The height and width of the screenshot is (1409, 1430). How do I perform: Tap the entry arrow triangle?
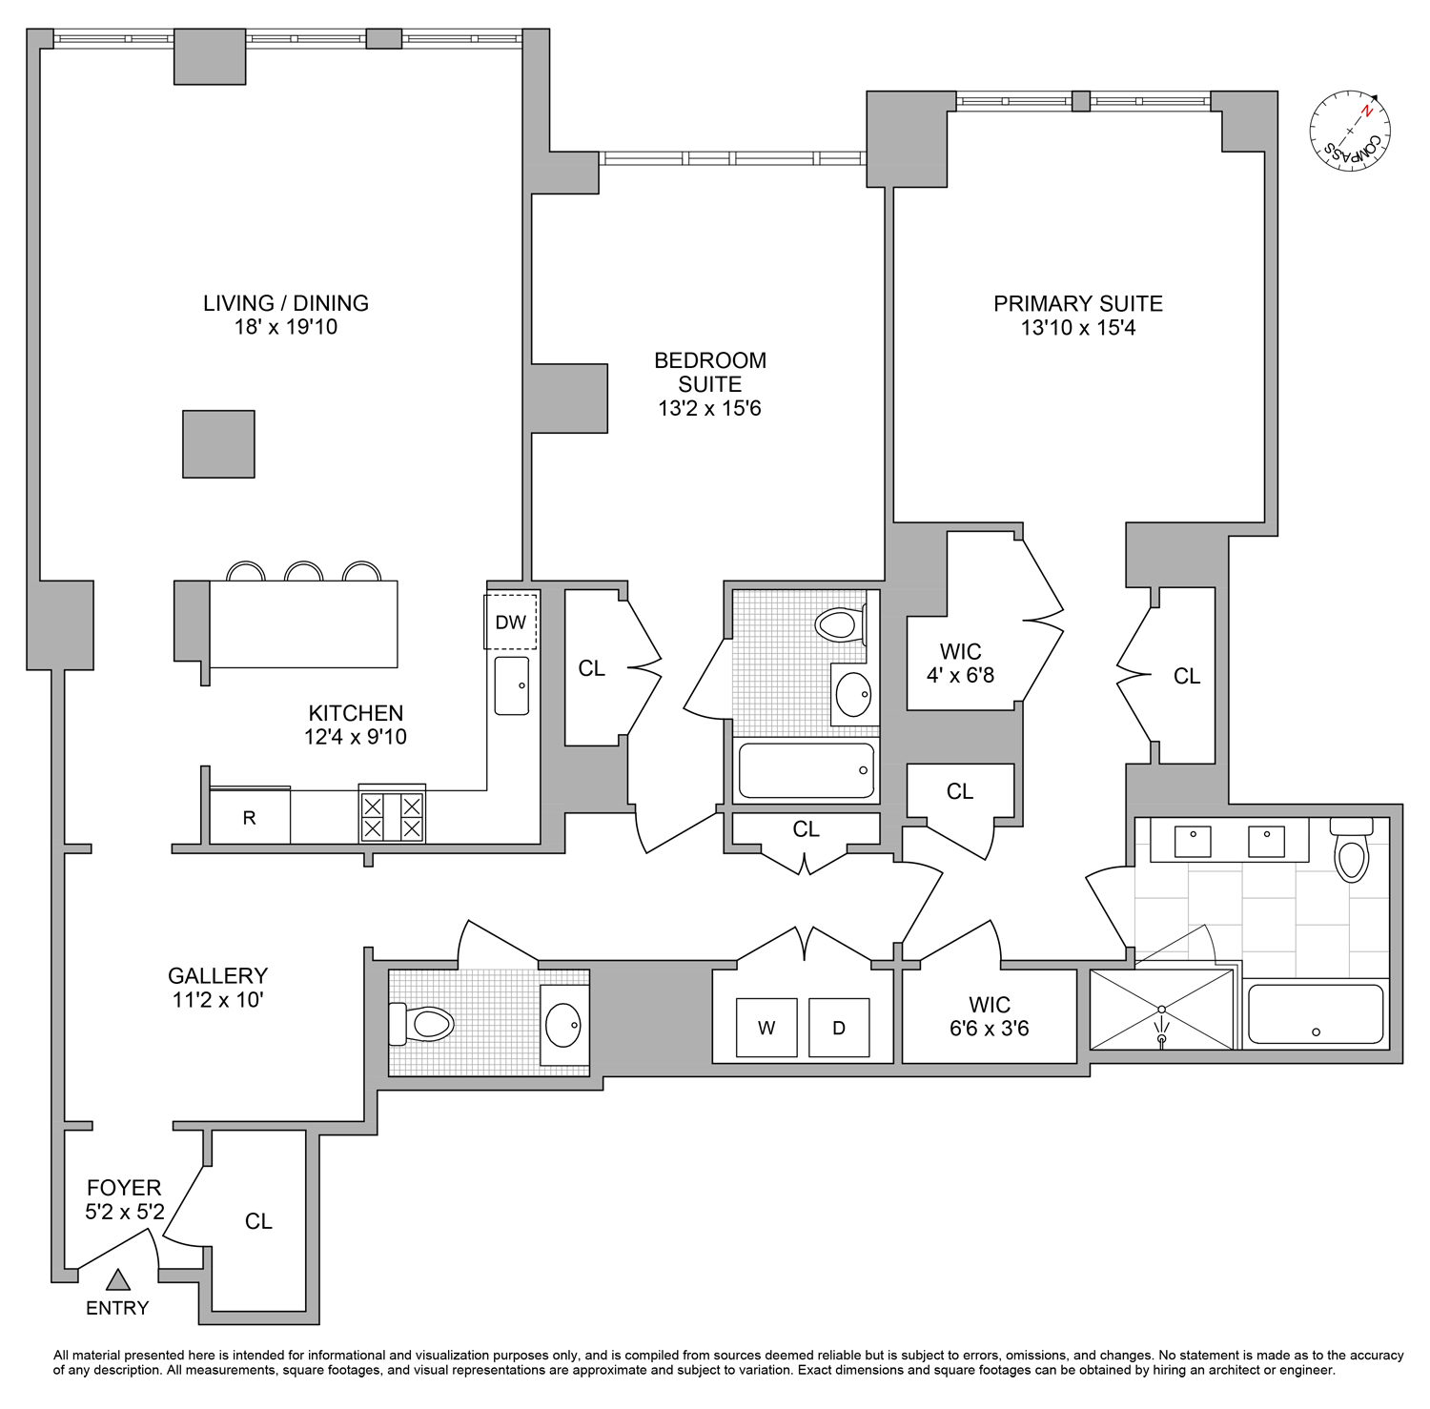coord(117,1280)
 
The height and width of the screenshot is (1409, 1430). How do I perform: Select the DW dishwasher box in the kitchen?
coord(511,622)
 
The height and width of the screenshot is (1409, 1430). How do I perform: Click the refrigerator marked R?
coord(250,817)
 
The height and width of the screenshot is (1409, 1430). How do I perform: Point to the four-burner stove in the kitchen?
coord(391,816)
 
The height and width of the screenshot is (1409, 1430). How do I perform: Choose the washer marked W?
coord(766,1028)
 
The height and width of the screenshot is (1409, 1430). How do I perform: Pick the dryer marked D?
coord(839,1028)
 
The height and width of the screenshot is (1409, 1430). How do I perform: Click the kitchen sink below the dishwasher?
coord(512,685)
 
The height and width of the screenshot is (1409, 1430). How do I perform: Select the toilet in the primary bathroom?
coord(1351,854)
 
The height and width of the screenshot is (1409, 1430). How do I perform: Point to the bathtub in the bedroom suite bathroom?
coord(807,770)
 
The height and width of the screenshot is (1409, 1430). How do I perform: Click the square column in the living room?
coord(218,443)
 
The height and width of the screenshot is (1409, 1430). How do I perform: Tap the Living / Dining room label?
coord(285,303)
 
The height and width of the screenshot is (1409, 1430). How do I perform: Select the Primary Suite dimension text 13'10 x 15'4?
coord(1077,328)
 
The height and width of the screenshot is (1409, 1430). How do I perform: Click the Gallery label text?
coord(217,975)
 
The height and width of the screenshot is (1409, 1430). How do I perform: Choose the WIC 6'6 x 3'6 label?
coord(989,1016)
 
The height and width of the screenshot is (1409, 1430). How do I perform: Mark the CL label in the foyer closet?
coord(258,1221)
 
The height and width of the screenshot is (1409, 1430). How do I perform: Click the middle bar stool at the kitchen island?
coord(305,572)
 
